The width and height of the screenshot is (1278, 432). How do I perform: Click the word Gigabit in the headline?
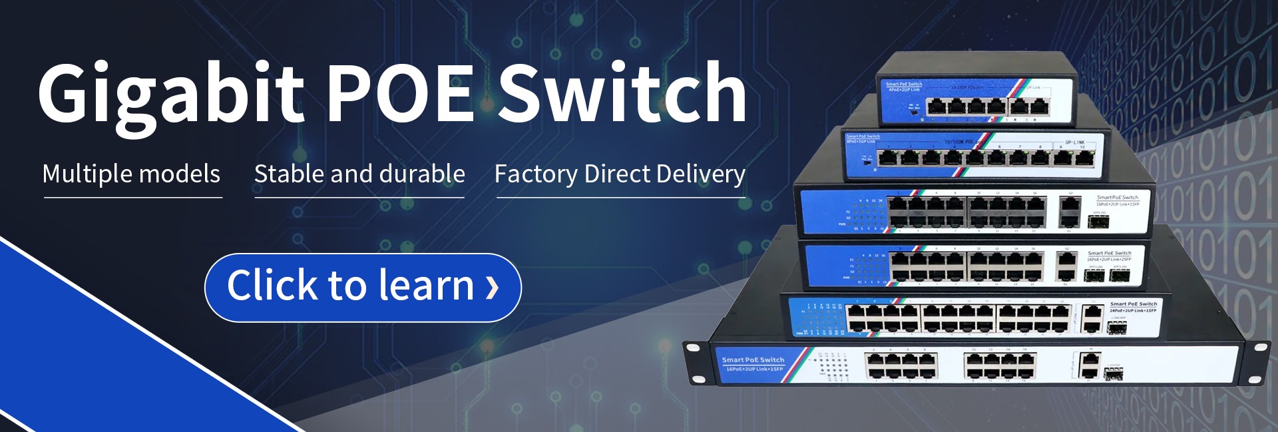170,93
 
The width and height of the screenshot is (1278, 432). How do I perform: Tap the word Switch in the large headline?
622,93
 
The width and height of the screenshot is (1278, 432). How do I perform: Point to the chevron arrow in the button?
492,287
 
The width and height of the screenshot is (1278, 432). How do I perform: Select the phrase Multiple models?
131,174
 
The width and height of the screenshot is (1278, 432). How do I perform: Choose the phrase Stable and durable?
359,174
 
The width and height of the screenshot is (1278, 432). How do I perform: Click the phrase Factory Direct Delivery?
620,174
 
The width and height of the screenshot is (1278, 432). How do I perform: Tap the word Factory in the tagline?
536,174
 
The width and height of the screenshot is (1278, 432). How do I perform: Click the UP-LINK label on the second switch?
1075,142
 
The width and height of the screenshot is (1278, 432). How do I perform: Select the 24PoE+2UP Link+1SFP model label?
1133,310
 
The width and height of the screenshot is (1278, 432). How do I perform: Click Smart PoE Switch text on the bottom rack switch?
753,360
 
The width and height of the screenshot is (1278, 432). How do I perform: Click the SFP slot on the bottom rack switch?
1114,374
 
